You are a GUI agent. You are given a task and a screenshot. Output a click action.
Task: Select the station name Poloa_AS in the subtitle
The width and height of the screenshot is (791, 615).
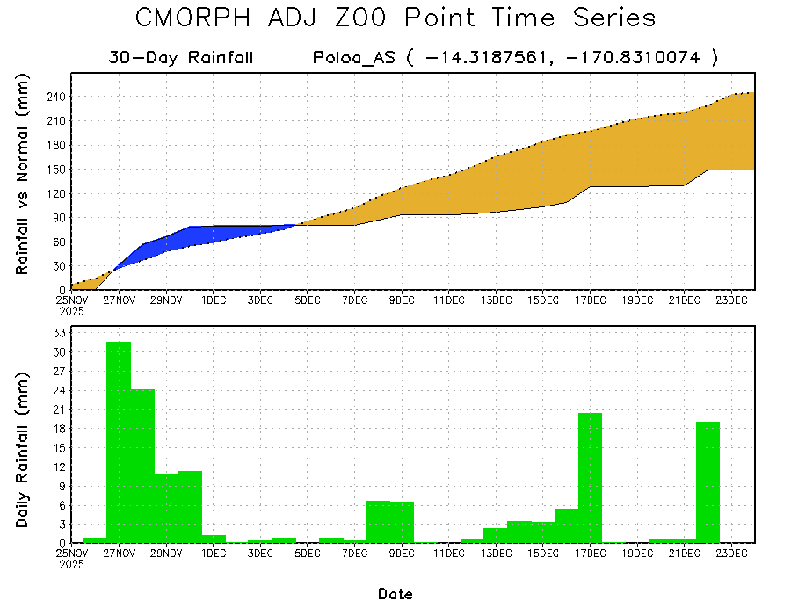click(353, 59)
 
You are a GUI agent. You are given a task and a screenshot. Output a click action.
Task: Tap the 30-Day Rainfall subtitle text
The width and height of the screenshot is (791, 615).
click(181, 59)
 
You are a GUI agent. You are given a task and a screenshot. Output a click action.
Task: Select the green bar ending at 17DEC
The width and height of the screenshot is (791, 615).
click(590, 478)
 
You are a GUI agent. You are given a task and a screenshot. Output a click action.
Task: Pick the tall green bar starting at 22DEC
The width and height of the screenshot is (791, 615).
click(708, 482)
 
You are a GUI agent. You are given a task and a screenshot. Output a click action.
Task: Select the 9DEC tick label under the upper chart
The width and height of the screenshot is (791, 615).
click(402, 300)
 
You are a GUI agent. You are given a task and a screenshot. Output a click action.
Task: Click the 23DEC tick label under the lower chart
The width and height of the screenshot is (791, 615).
click(731, 553)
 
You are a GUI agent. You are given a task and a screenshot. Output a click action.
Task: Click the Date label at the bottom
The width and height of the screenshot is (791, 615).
click(395, 595)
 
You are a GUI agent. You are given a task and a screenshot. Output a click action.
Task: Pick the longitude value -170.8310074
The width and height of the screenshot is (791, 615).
click(634, 59)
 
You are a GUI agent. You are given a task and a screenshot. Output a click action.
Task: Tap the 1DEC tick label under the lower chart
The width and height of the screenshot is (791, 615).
click(214, 553)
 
